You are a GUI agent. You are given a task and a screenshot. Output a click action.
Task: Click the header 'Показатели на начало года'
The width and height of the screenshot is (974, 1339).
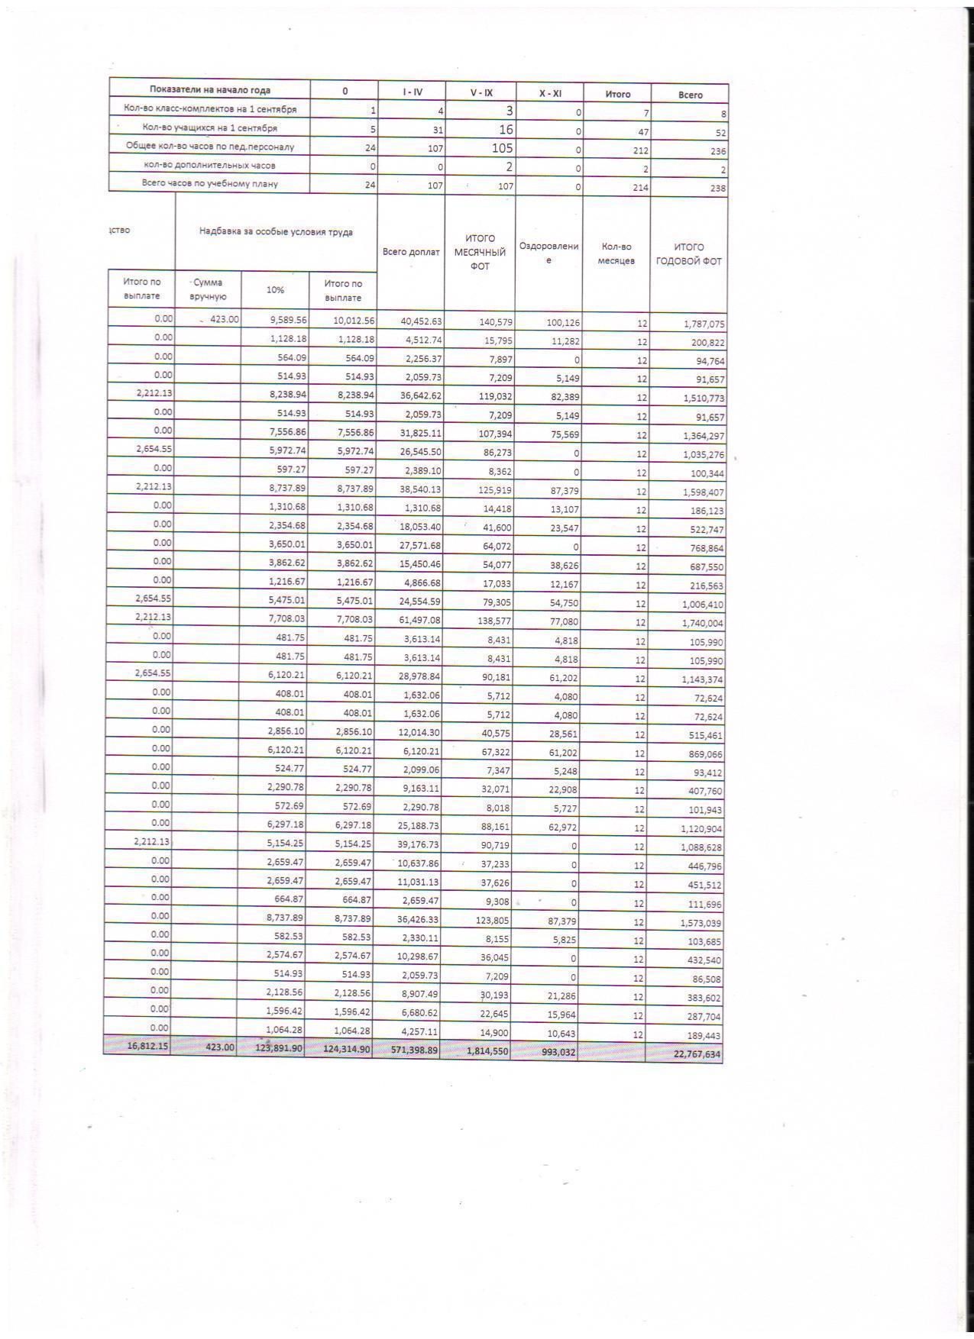pyautogui.click(x=209, y=90)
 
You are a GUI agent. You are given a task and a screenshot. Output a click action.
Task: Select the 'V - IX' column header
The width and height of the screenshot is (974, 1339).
pyautogui.click(x=481, y=92)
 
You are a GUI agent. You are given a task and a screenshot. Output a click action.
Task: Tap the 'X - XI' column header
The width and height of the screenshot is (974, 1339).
pyautogui.click(x=550, y=93)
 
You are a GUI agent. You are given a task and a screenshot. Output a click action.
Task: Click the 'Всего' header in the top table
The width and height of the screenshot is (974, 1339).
pyautogui.click(x=690, y=95)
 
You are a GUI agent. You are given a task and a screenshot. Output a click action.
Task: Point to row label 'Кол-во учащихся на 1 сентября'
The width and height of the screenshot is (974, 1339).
pyautogui.click(x=209, y=128)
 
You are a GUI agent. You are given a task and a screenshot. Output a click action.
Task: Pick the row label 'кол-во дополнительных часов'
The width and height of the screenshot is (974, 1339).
pyautogui.click(x=209, y=165)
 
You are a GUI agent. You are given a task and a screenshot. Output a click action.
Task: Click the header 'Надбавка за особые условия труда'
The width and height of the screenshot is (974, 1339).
pyautogui.click(x=276, y=232)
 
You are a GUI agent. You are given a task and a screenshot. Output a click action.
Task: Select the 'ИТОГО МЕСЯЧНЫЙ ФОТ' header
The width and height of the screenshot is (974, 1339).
pyautogui.click(x=480, y=252)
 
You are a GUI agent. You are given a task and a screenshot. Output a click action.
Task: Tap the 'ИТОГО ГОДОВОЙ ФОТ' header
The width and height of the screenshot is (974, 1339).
pyautogui.click(x=688, y=254)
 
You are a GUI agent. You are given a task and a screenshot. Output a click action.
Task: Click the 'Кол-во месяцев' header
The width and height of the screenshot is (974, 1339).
pyautogui.click(x=616, y=253)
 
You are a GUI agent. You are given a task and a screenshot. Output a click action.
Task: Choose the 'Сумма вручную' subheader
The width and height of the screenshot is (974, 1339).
pyautogui.click(x=208, y=289)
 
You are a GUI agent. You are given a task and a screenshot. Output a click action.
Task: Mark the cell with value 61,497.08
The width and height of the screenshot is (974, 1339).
pyautogui.click(x=416, y=621)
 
